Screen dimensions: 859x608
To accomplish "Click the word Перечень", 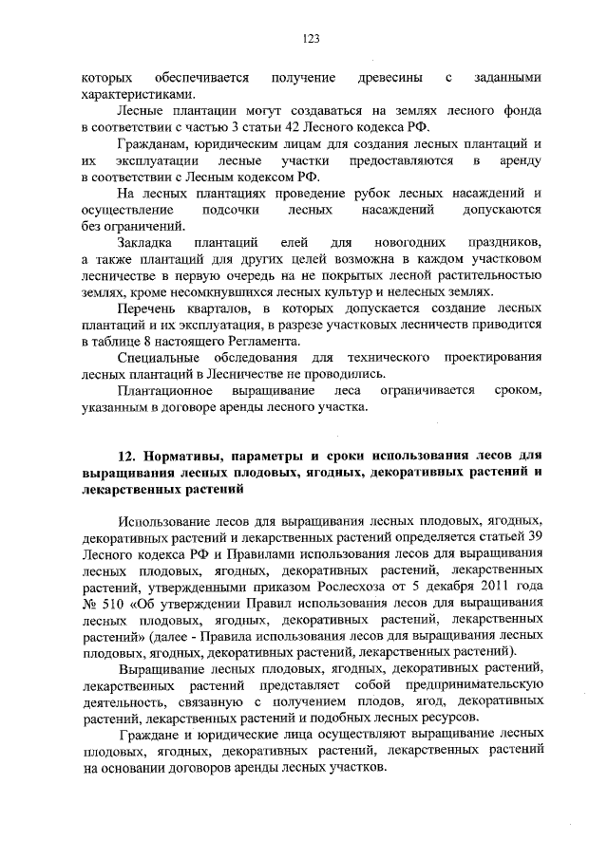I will [146, 309].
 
